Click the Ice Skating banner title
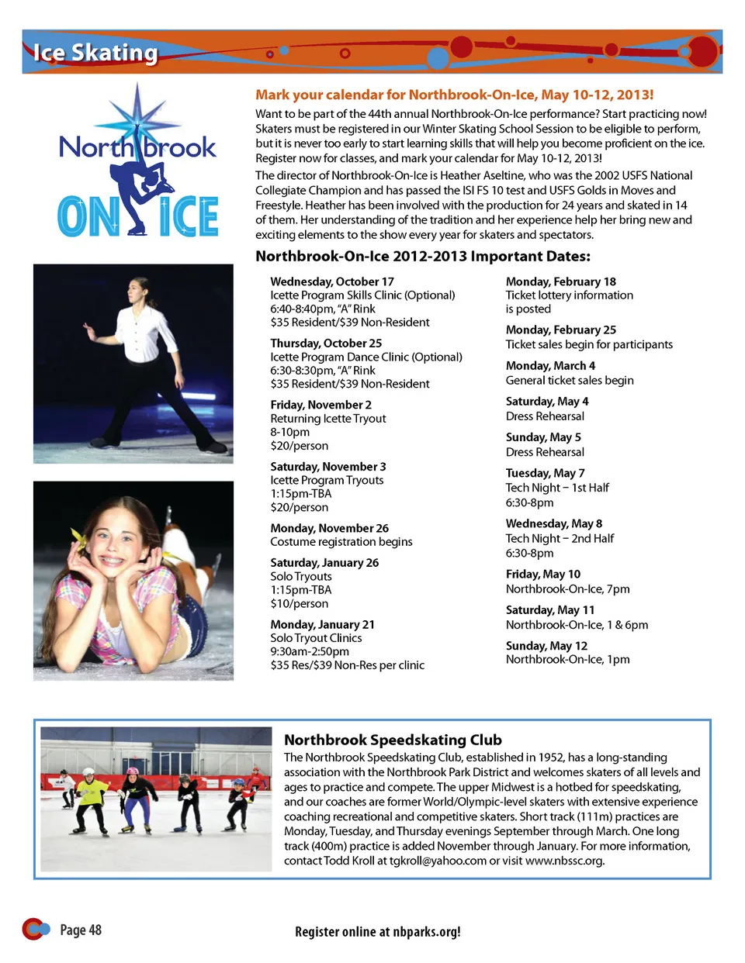coord(95,52)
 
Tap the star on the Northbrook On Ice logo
coord(137,116)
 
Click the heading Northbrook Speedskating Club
coord(393,740)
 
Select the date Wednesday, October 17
coord(332,281)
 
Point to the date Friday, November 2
coord(321,405)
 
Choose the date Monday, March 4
coord(550,365)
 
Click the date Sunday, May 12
coord(546,645)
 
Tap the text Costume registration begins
coord(341,541)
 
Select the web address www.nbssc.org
coord(564,860)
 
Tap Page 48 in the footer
coord(81,930)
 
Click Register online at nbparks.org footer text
coord(378,931)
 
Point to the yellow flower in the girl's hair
coord(79,537)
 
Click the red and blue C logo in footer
coord(35,928)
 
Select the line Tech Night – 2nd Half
coord(560,538)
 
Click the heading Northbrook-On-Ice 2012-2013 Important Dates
coord(423,256)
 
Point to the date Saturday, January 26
coord(324,562)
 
